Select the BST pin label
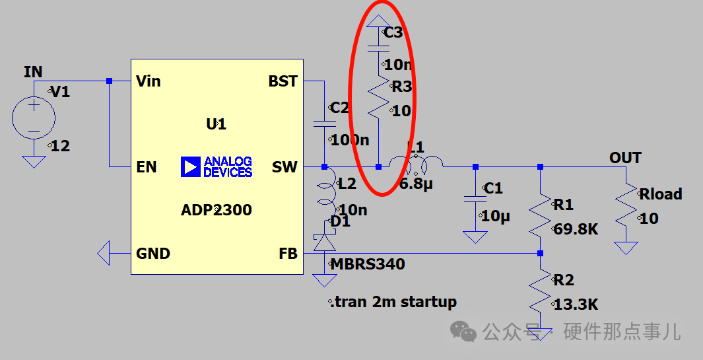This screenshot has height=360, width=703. pyautogui.click(x=283, y=81)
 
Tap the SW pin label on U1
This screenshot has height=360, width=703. pyautogui.click(x=285, y=168)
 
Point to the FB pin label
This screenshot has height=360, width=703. pyautogui.click(x=288, y=254)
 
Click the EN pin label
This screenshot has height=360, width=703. pyautogui.click(x=146, y=168)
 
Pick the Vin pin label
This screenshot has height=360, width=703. pyautogui.click(x=148, y=81)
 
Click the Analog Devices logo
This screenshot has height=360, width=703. pyautogui.click(x=217, y=167)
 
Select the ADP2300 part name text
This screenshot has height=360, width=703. pyautogui.click(x=216, y=211)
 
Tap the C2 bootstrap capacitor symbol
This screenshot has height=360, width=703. pyautogui.click(x=324, y=123)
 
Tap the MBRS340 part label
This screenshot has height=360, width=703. pyautogui.click(x=368, y=265)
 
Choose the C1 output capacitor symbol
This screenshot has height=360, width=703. pyautogui.click(x=475, y=198)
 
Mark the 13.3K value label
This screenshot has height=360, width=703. pyautogui.click(x=575, y=305)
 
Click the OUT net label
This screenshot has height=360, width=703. pyautogui.click(x=625, y=158)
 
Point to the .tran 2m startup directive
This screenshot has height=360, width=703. pyautogui.click(x=393, y=303)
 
